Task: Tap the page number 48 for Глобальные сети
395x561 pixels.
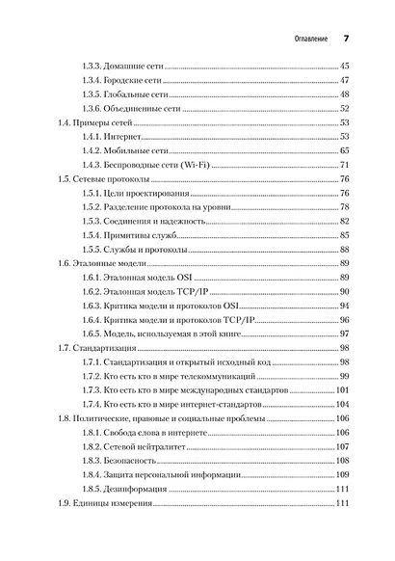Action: pos(344,95)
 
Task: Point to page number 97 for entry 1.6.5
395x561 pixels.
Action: pos(344,333)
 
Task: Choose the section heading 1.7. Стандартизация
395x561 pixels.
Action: pos(95,347)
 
